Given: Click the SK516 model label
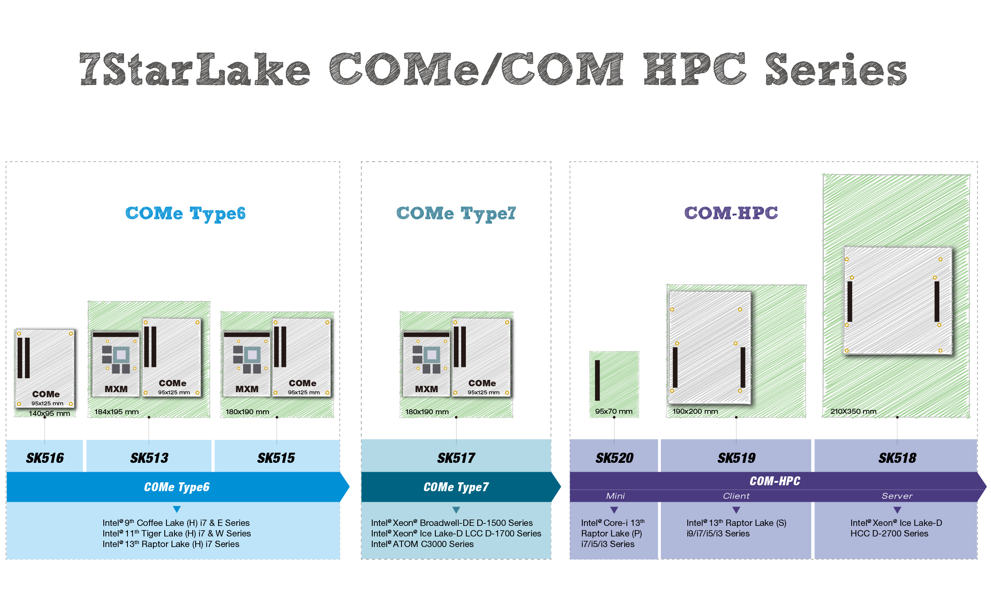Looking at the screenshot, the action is (45, 458).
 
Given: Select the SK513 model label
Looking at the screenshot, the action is (149, 458).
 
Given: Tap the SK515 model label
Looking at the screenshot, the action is (276, 458).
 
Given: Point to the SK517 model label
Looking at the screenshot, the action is (456, 458).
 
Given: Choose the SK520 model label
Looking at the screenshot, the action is (615, 458).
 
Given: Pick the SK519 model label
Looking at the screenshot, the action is (736, 458).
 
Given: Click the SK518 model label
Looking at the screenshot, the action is (897, 458).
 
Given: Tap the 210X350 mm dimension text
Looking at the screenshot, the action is (853, 411).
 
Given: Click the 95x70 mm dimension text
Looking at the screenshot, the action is (614, 411).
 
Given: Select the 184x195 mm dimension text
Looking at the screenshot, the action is (116, 412).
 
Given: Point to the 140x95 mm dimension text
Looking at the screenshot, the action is (49, 413).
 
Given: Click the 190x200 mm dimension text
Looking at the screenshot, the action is (695, 411).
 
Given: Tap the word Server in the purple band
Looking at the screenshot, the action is (897, 496).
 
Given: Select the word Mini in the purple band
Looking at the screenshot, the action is (615, 496).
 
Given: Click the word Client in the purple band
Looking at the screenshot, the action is (736, 496).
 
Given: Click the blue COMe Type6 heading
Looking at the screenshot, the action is (185, 214).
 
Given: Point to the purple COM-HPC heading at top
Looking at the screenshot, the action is (731, 213).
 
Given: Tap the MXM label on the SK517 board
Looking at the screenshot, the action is (426, 389).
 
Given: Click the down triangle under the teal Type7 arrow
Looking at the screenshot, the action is (456, 510).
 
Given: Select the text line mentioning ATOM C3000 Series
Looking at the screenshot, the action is (422, 544).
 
